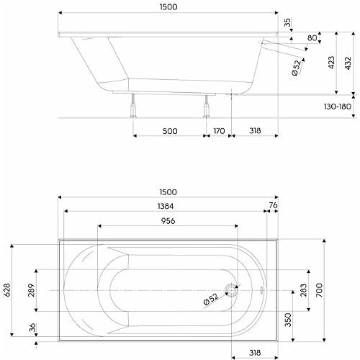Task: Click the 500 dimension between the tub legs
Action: pyautogui.click(x=170, y=131)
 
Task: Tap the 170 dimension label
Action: pyautogui.click(x=219, y=131)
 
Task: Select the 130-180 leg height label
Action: pyautogui.click(x=338, y=107)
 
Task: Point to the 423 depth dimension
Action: pyautogui.click(x=331, y=63)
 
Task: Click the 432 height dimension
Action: pyautogui.click(x=348, y=63)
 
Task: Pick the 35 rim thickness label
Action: pyautogui.click(x=287, y=22)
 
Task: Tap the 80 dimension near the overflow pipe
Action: pyautogui.click(x=312, y=38)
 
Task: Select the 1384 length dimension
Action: pyautogui.click(x=166, y=206)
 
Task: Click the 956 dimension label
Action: pyautogui.click(x=168, y=221)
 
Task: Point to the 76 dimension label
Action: pyautogui.click(x=273, y=205)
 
